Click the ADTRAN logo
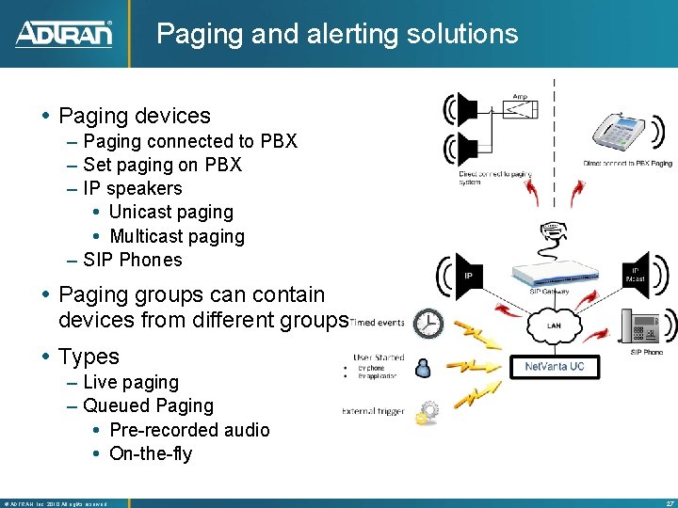pyautogui.click(x=64, y=34)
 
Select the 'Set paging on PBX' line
pyautogui.click(x=162, y=165)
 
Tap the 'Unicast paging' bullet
pyautogui.click(x=170, y=213)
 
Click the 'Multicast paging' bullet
pyautogui.click(x=176, y=236)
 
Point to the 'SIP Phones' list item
pyautogui.click(x=133, y=260)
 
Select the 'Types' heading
pyautogui.click(x=89, y=357)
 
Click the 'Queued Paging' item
pyautogui.click(x=148, y=405)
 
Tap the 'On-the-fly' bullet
pyautogui.click(x=151, y=453)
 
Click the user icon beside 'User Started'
pyautogui.click(x=423, y=367)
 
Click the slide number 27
pyautogui.click(x=669, y=503)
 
